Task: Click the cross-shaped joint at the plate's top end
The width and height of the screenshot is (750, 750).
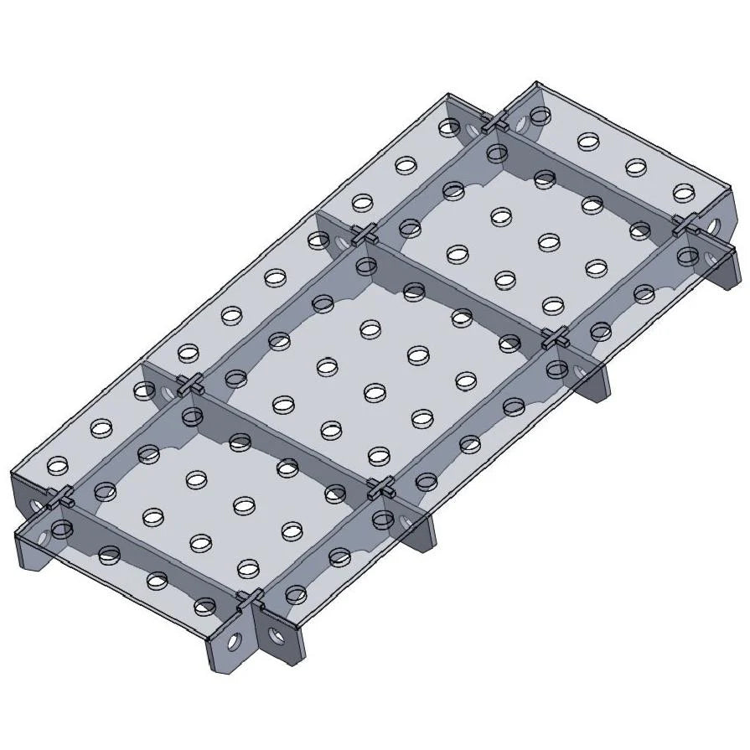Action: [496, 124]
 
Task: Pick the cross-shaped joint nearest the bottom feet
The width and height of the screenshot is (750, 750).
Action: [249, 600]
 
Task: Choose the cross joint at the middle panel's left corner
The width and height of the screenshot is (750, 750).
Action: [189, 385]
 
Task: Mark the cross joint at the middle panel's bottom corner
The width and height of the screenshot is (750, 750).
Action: [382, 489]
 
